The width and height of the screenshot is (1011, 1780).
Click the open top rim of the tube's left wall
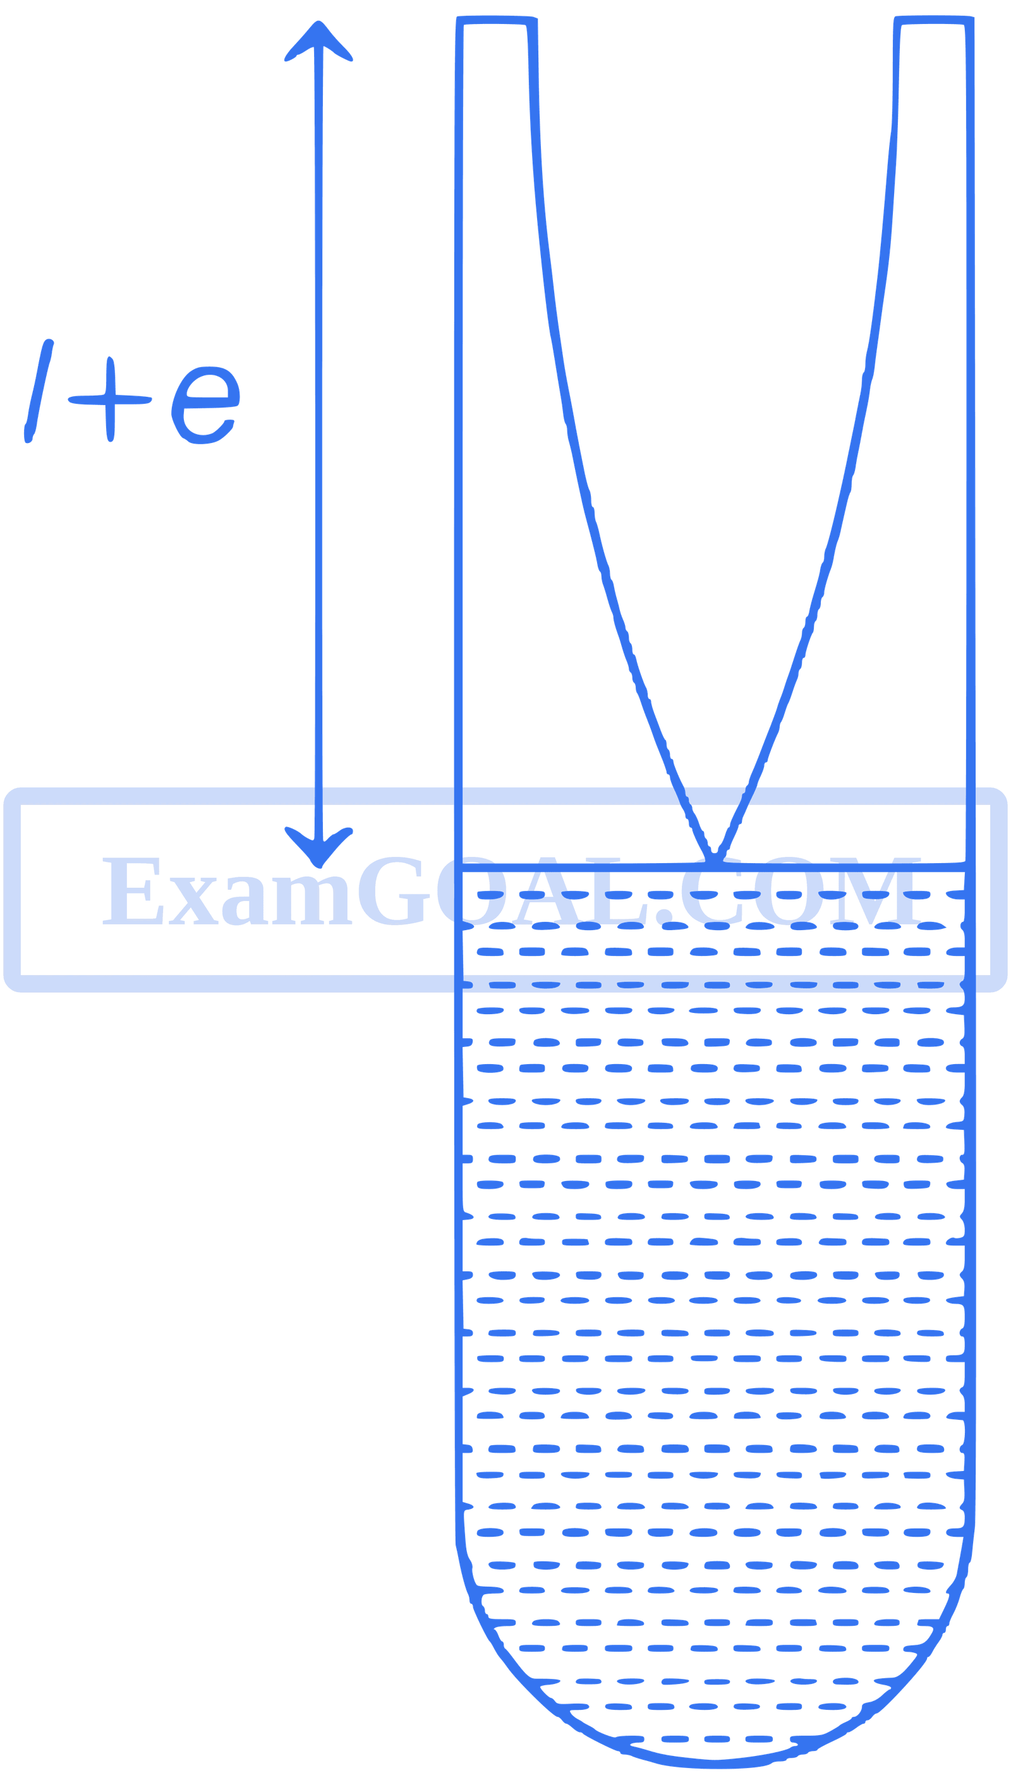tap(496, 23)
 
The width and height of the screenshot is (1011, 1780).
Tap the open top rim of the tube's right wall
tap(932, 23)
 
